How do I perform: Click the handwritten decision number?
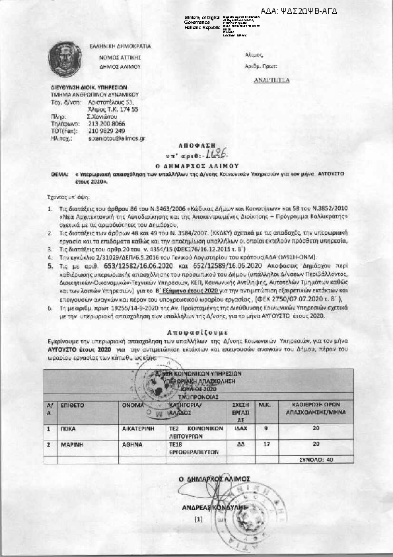(x=215, y=153)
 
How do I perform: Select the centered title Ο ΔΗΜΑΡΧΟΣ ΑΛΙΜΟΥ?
(x=197, y=163)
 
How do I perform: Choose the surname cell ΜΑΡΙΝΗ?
(x=71, y=444)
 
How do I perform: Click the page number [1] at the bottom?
(x=197, y=520)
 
